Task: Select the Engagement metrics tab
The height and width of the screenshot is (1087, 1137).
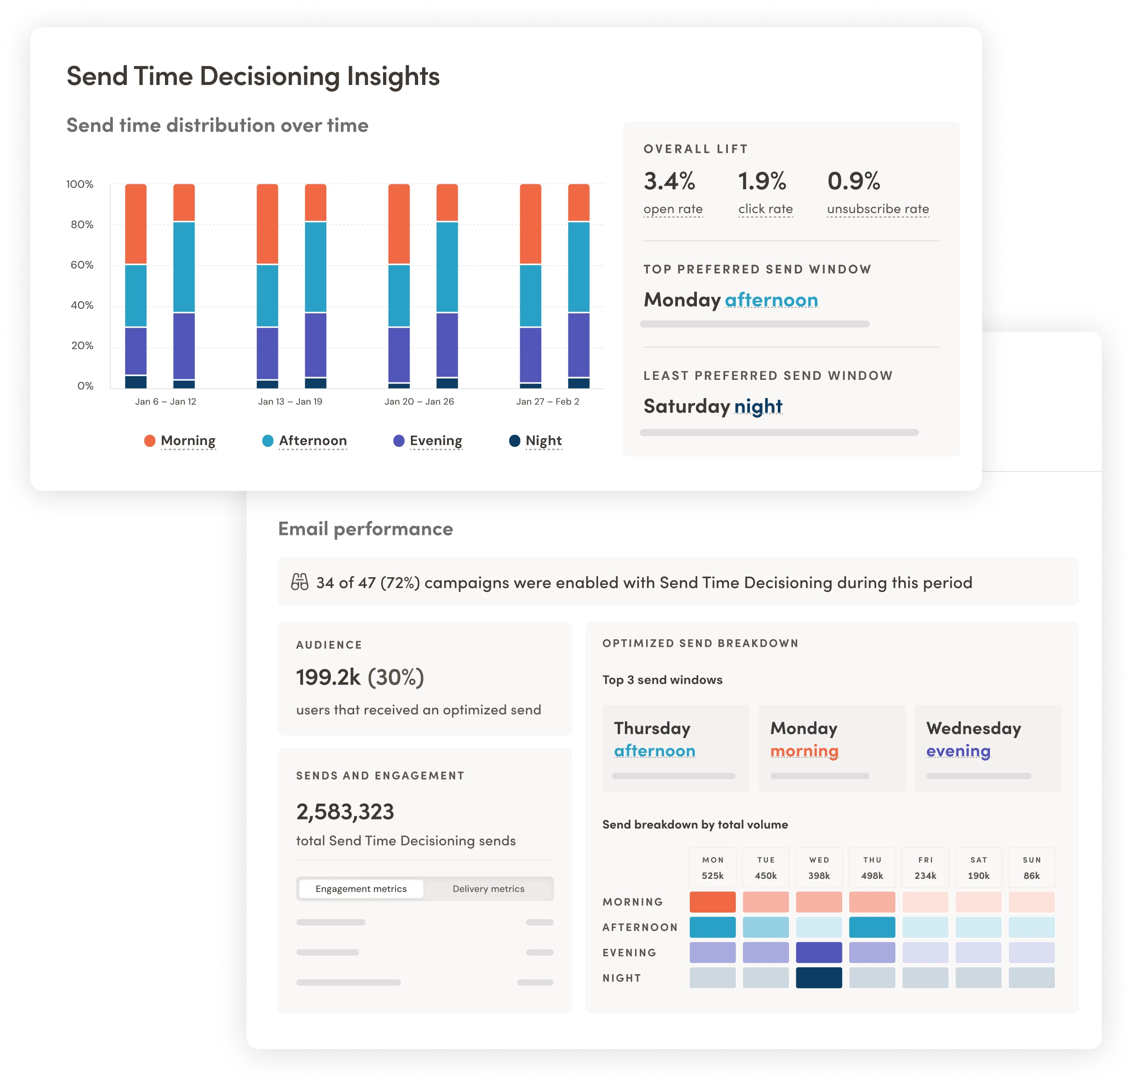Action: (x=361, y=889)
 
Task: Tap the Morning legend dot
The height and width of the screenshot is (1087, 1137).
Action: (x=150, y=441)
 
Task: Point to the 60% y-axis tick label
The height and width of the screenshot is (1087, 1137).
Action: (x=82, y=265)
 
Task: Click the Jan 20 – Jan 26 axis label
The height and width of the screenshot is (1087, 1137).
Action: (x=419, y=401)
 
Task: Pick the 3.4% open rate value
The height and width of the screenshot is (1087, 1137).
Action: (x=669, y=181)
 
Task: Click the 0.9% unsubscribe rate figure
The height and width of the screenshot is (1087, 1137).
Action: (x=854, y=181)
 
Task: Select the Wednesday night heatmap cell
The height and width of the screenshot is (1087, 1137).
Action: (x=818, y=978)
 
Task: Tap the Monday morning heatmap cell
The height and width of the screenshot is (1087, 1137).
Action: (x=712, y=902)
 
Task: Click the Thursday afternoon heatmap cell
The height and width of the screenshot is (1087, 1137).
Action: (x=872, y=927)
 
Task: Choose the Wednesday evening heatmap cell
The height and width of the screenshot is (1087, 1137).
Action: (x=818, y=953)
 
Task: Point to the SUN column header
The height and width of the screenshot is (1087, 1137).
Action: (x=1031, y=860)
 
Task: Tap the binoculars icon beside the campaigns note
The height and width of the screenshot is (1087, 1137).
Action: (x=299, y=582)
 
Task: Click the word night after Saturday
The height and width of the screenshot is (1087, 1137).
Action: (x=758, y=406)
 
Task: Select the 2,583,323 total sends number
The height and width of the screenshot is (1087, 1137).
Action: (x=345, y=812)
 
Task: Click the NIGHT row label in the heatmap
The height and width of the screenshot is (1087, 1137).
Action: (x=621, y=978)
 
